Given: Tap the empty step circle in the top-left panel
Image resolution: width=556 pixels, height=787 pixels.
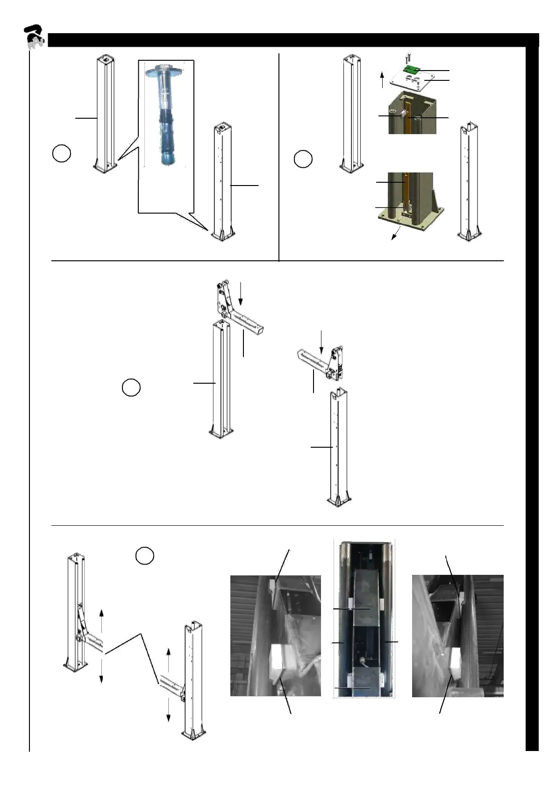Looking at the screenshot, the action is tap(61, 154).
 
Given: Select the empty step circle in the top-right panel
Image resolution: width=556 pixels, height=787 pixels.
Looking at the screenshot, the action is tap(303, 159).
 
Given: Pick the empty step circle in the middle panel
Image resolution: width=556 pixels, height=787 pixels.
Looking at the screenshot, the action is tap(131, 388).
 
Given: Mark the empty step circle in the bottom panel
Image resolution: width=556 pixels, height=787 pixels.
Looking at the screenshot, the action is tap(145, 555).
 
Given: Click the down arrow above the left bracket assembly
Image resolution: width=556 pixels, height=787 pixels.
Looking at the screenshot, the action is tap(240, 293).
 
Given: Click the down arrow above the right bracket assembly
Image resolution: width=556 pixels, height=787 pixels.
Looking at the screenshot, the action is tap(321, 342).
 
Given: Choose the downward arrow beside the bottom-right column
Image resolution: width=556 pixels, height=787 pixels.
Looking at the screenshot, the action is tap(169, 710).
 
